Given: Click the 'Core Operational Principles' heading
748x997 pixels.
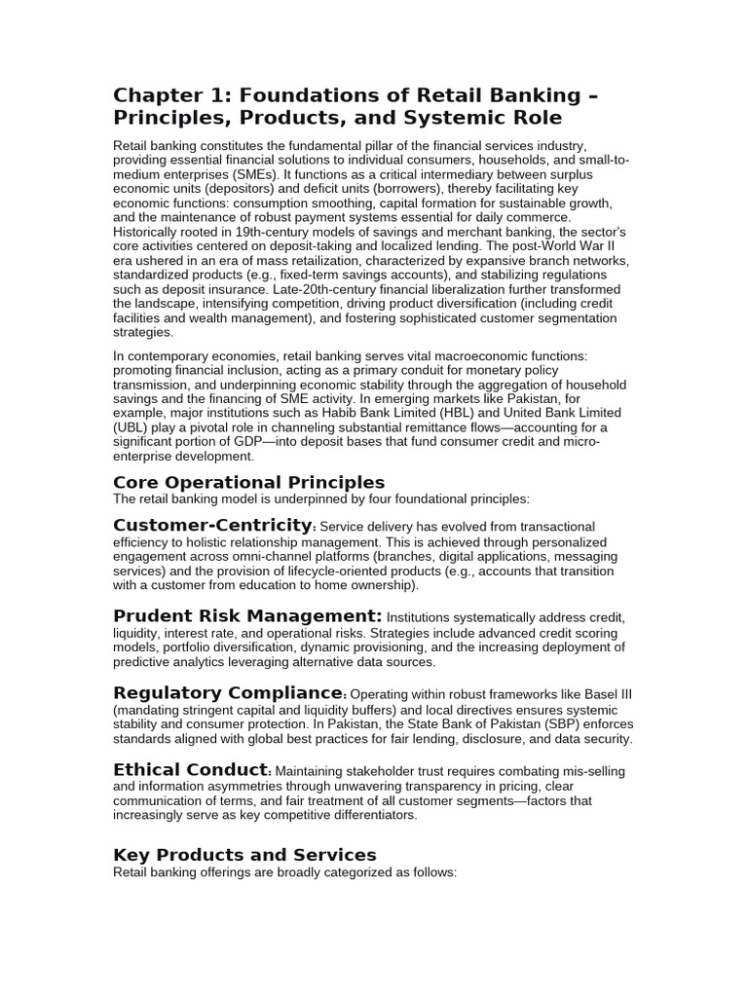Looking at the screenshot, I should [249, 482].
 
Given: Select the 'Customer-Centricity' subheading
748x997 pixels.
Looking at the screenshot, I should [213, 526].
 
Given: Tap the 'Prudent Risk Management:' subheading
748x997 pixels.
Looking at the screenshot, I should [247, 615].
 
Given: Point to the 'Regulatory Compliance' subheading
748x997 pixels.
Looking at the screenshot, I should [229, 692].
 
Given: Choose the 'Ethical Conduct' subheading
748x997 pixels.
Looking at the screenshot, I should [191, 769].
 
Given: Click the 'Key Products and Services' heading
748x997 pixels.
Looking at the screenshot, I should [244, 855].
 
